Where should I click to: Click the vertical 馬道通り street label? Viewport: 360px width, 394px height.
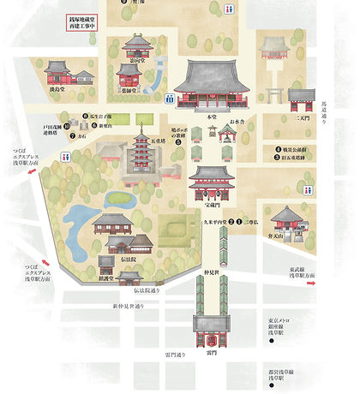click(x=347, y=114)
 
